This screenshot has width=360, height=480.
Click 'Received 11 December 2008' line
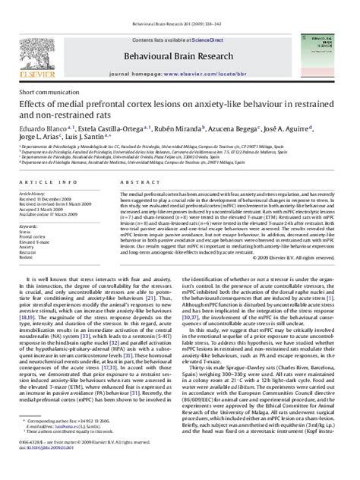click(x=46, y=201)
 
